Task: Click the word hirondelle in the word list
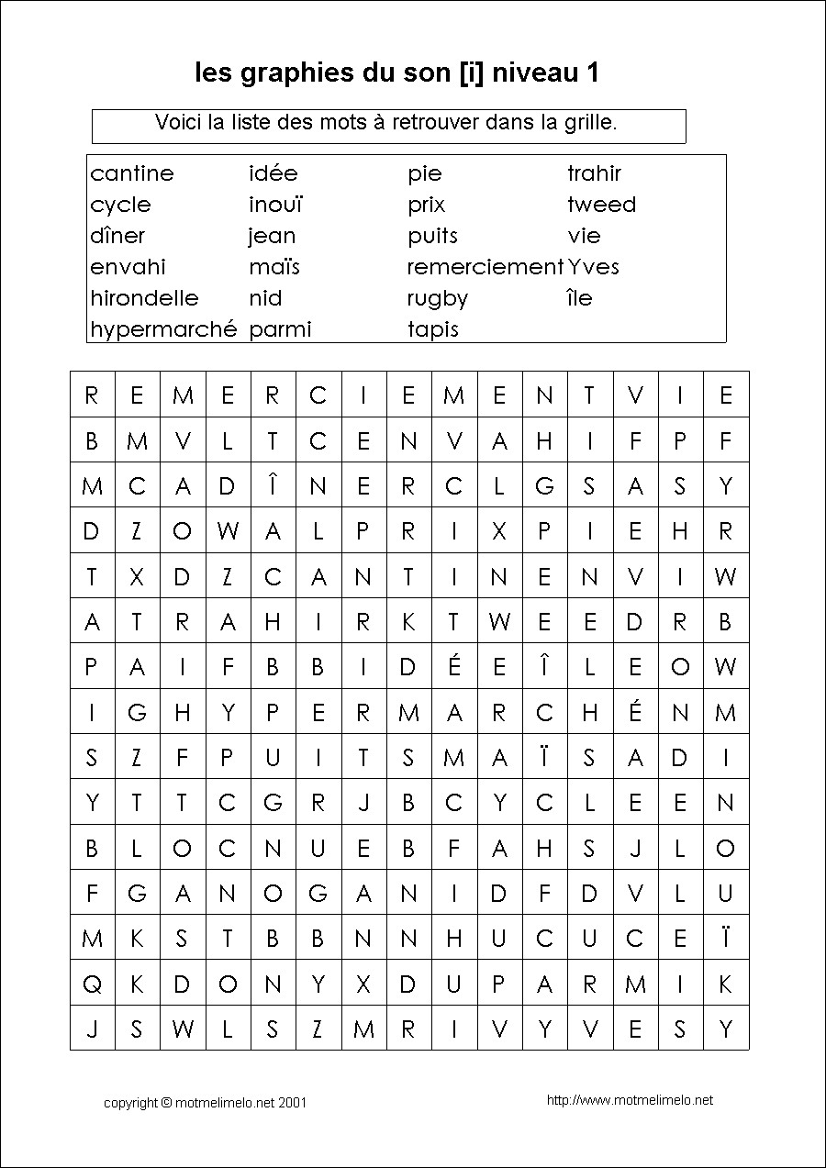[x=144, y=298]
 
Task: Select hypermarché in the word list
[x=163, y=329]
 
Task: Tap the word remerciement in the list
[x=485, y=267]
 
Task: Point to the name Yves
[x=593, y=267]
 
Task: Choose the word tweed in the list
[x=601, y=205]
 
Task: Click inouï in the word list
[x=275, y=205]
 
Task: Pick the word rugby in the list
[x=438, y=299]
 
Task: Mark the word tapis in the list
[x=433, y=329]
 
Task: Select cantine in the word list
[x=132, y=173]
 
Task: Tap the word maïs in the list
[x=274, y=267]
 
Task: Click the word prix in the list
[x=427, y=205]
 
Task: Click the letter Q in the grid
[x=92, y=984]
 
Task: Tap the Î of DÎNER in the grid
[x=273, y=486]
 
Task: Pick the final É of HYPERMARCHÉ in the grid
[x=635, y=712]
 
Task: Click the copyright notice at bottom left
[x=205, y=1103]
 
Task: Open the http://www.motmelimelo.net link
[x=630, y=1100]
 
